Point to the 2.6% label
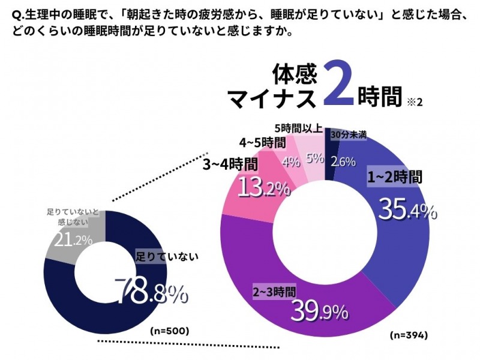tap(343, 161)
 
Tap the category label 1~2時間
tap(395, 177)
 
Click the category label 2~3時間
tap(274, 292)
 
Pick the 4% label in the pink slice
tap(290, 161)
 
